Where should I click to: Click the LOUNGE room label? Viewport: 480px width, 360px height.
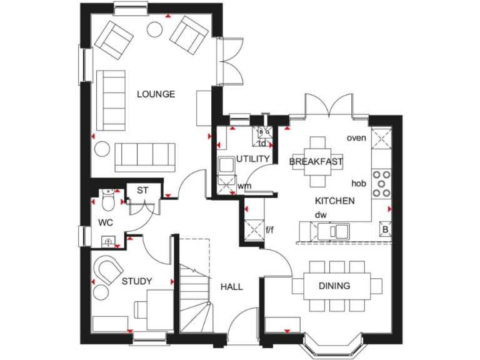(156, 94)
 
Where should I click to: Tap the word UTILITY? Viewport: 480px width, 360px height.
(253, 159)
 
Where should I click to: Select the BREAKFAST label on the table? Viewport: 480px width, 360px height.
(316, 162)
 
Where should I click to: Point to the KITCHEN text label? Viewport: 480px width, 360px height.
(334, 201)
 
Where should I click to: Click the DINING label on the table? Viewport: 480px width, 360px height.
(334, 286)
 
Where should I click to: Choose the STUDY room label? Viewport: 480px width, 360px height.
(137, 281)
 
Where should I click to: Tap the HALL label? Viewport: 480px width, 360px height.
(231, 287)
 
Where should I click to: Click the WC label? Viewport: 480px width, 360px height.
(104, 222)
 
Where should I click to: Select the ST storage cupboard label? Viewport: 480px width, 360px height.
(142, 190)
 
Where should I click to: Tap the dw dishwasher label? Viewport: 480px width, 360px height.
(321, 215)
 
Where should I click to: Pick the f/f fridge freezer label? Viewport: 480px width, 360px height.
(270, 229)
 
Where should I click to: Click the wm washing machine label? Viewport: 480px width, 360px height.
(244, 186)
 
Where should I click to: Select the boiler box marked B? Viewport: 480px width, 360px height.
(385, 229)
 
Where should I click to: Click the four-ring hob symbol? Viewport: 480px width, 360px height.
(381, 184)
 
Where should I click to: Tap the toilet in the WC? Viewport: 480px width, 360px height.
(107, 201)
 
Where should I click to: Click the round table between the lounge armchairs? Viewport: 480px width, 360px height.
(154, 29)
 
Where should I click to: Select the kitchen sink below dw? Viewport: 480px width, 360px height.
(333, 231)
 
